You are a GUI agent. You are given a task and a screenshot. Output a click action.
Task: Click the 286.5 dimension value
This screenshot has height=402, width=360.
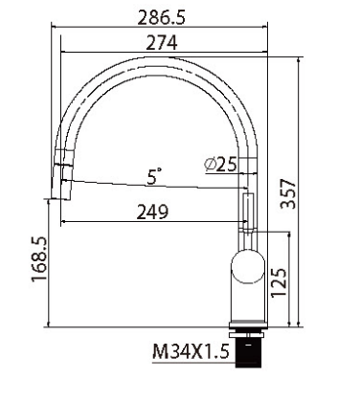click(161, 17)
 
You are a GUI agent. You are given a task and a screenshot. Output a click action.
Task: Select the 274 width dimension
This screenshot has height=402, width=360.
click(161, 43)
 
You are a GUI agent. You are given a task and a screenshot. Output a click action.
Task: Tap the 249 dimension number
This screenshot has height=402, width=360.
click(152, 212)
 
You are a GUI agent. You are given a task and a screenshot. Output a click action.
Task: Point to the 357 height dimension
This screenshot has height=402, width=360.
click(288, 193)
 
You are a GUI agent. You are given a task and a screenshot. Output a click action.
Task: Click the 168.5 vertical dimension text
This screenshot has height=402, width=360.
click(39, 259)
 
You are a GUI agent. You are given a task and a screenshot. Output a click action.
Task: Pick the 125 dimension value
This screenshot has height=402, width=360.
click(279, 282)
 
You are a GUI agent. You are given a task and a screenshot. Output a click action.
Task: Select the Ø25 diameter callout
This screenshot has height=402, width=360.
click(220, 165)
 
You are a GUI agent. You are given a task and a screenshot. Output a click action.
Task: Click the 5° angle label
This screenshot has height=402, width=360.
click(154, 176)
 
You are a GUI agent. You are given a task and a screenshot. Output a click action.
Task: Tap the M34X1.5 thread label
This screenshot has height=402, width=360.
click(191, 351)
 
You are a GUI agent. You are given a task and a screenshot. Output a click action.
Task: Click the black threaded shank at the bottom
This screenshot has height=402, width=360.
click(248, 353)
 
